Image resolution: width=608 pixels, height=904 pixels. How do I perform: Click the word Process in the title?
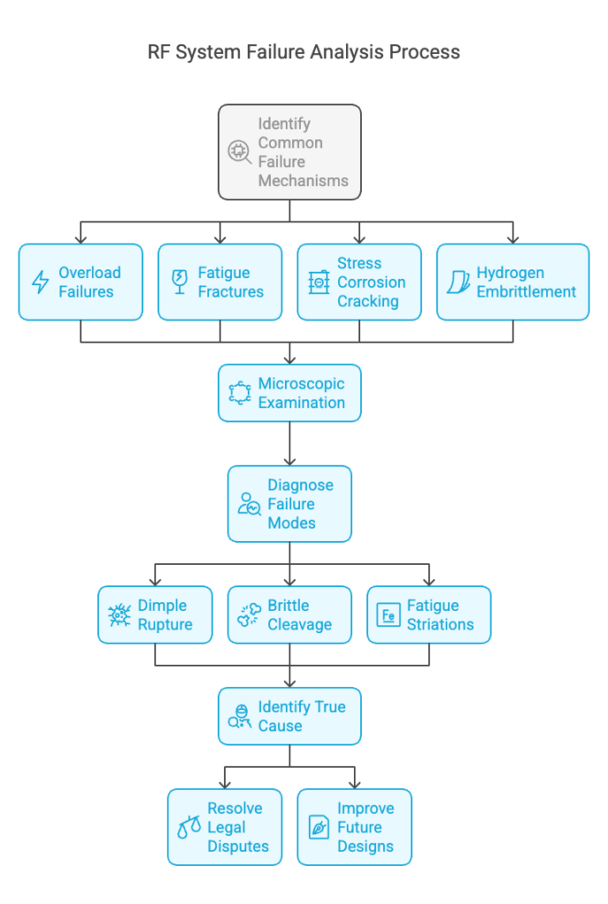pos(424,52)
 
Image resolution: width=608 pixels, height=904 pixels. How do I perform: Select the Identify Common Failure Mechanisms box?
pos(289,152)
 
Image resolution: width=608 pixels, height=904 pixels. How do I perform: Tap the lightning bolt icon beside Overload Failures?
pos(40,282)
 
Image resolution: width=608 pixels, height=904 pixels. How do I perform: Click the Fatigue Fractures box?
pos(220,282)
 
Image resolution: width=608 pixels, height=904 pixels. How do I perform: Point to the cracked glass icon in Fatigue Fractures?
pos(180,282)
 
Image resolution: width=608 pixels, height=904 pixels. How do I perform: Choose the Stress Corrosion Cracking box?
pos(359,282)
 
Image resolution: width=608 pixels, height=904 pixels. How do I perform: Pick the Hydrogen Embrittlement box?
pos(513,282)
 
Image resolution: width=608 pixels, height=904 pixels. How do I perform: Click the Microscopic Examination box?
pos(289,393)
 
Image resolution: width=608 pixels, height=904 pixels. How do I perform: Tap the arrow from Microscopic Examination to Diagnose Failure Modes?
pos(289,443)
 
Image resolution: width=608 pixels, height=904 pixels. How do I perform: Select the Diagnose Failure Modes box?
pos(289,504)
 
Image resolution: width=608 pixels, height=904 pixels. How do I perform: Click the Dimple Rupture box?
pos(155,614)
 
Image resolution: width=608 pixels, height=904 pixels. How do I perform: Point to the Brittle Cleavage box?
pos(289,614)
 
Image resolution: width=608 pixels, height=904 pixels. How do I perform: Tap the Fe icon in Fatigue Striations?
pos(388,615)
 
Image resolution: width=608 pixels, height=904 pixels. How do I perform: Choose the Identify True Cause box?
pos(289,716)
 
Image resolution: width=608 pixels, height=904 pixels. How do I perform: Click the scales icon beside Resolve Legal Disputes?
pos(189,827)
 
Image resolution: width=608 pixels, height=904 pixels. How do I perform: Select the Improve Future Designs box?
pos(355,826)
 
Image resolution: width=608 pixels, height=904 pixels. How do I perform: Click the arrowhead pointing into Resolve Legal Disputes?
pos(225,785)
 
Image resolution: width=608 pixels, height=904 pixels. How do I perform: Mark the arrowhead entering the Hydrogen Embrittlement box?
pos(513,239)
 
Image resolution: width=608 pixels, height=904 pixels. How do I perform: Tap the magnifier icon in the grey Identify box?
pos(239,152)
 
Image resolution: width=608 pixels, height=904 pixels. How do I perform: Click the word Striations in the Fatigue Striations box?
pos(440,624)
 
